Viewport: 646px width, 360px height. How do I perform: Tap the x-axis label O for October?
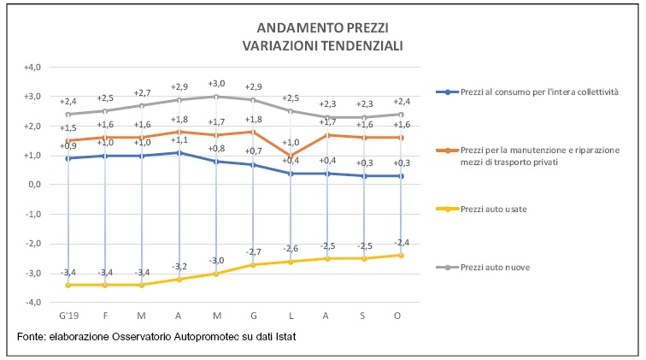(401, 315)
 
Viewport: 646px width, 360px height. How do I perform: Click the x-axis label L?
(290, 315)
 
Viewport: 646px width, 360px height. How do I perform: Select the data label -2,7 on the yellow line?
(253, 252)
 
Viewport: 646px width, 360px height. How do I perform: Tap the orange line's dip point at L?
(290, 156)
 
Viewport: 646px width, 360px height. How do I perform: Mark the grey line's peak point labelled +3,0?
(215, 97)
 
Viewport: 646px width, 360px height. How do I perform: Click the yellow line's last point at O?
(401, 256)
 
